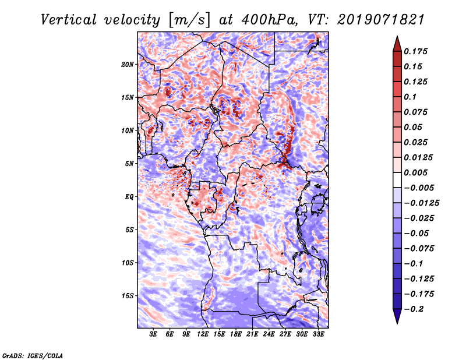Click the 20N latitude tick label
(128, 64)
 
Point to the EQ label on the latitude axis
(129, 196)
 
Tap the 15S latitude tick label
(128, 295)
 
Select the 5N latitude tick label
(130, 163)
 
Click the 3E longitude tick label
(154, 335)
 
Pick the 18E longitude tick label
(236, 335)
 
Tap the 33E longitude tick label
(318, 335)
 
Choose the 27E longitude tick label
(285, 335)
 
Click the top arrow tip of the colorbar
(396, 37)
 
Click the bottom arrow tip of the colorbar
(396, 323)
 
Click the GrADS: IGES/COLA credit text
(33, 355)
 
